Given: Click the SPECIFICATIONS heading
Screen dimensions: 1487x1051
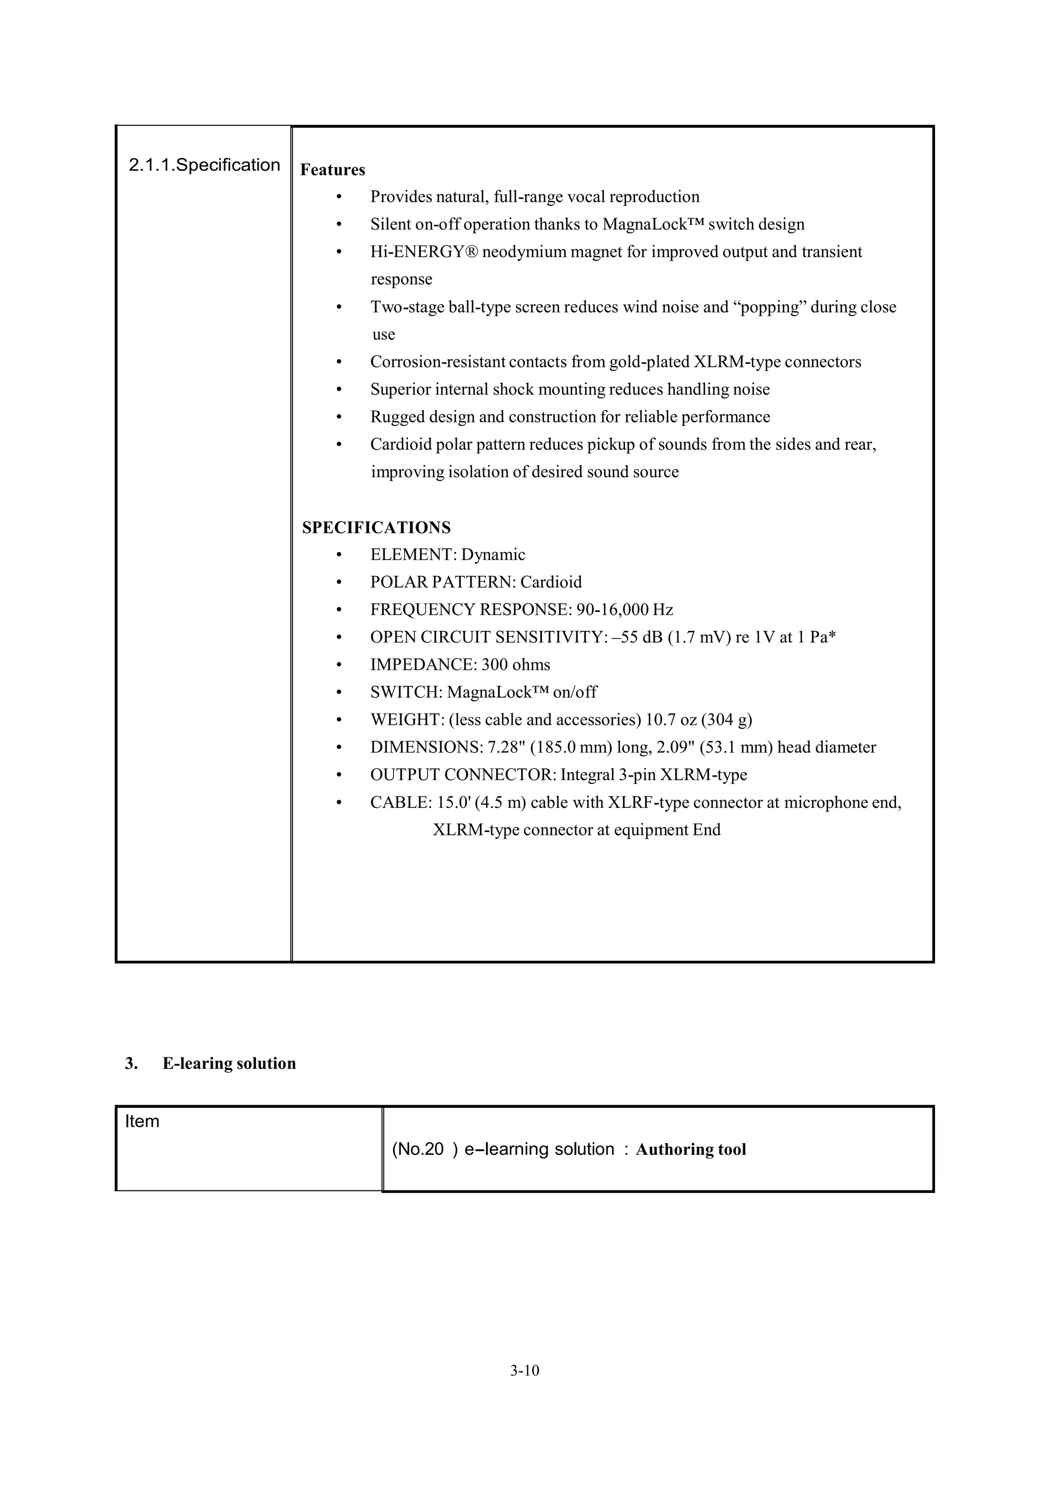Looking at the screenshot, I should [x=376, y=527].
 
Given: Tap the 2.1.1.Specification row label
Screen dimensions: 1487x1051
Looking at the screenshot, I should [x=204, y=165].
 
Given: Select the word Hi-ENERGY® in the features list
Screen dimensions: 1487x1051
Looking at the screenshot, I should [x=423, y=252].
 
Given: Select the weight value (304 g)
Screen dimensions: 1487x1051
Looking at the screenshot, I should [x=727, y=720].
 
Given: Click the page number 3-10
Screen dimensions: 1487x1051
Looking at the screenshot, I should [x=524, y=1370].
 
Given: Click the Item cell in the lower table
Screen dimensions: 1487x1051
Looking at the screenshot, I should [x=142, y=1121].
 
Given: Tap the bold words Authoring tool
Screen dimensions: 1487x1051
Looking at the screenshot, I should [x=690, y=1150].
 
